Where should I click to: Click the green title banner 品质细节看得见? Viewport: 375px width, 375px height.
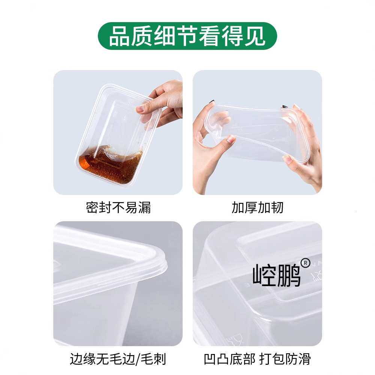187,36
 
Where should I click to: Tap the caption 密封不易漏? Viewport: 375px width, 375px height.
118,207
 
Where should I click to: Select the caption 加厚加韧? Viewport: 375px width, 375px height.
257,207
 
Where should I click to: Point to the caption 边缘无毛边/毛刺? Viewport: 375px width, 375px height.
118,359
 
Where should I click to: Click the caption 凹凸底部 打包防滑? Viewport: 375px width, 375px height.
257,359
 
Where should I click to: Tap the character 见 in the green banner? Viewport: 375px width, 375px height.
256,36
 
